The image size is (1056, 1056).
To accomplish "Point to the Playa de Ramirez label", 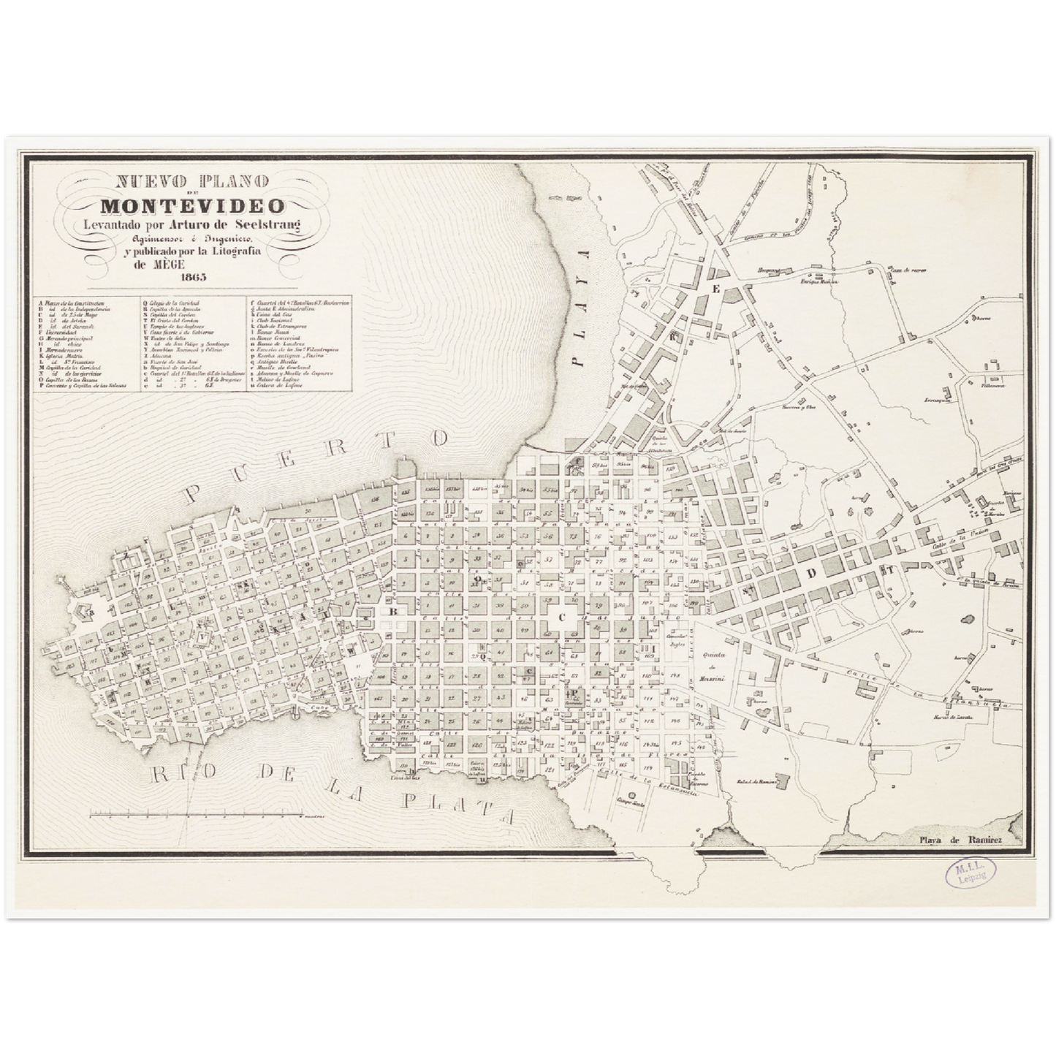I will coord(961,840).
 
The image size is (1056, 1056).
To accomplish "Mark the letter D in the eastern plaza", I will coord(809,573).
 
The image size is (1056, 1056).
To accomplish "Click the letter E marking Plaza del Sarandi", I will coord(717,289).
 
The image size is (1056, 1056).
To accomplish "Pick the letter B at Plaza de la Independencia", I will coord(392,610).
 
